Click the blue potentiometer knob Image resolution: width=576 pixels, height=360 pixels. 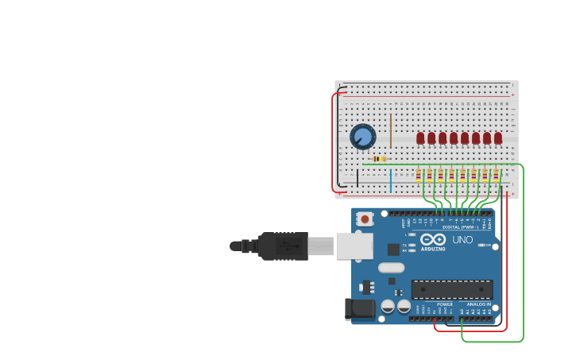[x=363, y=137]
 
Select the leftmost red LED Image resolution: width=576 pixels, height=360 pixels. [x=420, y=138]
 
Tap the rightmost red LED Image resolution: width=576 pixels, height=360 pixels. [x=498, y=138]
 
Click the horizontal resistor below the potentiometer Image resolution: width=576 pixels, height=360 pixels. [x=380, y=159]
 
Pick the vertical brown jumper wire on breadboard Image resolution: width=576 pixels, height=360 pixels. [x=391, y=130]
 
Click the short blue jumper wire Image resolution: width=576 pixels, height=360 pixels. [x=391, y=180]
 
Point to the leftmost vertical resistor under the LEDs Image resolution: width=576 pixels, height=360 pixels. [x=419, y=175]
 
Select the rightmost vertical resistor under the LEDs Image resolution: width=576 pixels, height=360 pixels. [x=497, y=175]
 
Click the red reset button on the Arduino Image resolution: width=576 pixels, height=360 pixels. [x=365, y=219]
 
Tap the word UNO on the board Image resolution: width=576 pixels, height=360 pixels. [x=462, y=239]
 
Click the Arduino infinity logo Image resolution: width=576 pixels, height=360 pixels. [x=433, y=239]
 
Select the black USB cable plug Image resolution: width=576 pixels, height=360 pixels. [x=282, y=246]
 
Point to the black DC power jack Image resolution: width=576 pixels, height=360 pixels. [x=360, y=310]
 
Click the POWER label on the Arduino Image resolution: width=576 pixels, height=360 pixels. [x=445, y=304]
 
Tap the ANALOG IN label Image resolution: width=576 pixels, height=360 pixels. [x=478, y=304]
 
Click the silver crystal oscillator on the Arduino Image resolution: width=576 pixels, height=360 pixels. [x=391, y=268]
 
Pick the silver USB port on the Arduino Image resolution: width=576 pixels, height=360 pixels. [x=354, y=246]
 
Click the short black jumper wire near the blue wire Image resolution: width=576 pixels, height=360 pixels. [x=357, y=178]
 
